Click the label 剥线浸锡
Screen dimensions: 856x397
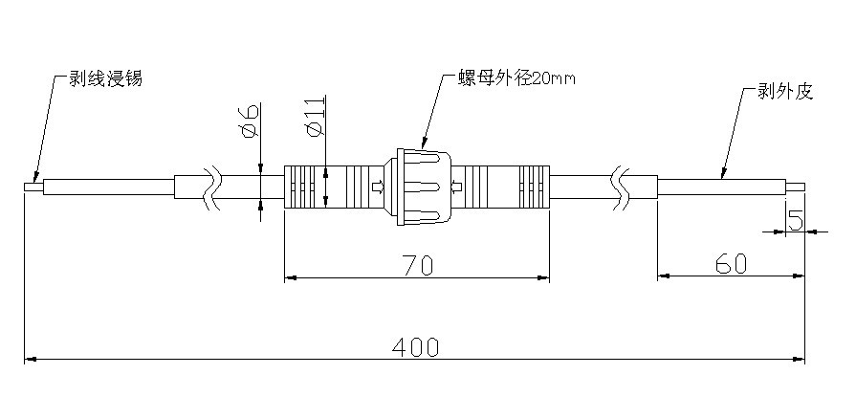pos(105,78)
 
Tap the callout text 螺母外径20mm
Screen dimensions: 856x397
pos(516,78)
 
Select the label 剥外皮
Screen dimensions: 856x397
pos(785,91)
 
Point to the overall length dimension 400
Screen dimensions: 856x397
pos(415,346)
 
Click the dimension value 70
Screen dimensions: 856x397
pos(418,265)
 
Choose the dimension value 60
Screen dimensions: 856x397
pos(731,264)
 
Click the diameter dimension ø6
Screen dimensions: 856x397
pos(251,121)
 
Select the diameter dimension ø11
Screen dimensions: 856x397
pos(316,117)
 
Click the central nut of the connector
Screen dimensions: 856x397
pos(419,187)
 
